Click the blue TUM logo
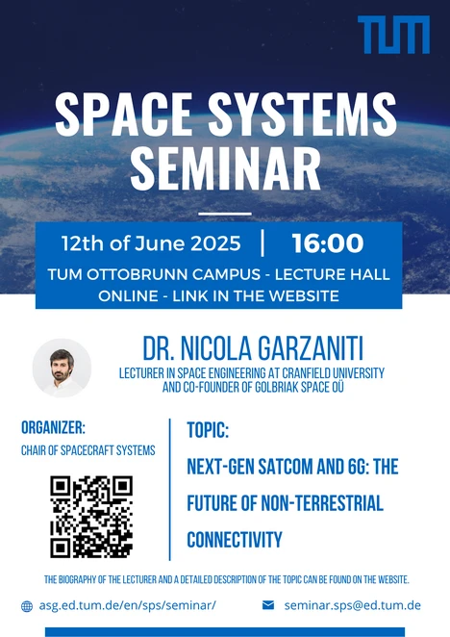[393, 35]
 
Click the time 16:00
[327, 242]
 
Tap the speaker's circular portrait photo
[62, 368]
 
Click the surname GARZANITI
[311, 348]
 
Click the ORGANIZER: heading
[53, 427]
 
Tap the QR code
[91, 517]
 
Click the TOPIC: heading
[208, 430]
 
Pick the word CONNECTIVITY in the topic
[235, 540]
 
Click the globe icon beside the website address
[27, 606]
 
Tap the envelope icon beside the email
[268, 605]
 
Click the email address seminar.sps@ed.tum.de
[353, 605]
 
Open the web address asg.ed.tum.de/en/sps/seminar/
[128, 605]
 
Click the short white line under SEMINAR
[225, 214]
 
